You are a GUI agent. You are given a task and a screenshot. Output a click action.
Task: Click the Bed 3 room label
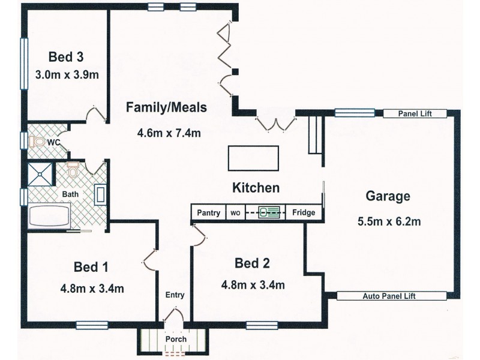[x=65, y=58]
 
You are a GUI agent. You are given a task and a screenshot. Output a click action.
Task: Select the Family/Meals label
[x=166, y=107]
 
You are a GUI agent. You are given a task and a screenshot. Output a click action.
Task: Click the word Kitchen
[x=256, y=188]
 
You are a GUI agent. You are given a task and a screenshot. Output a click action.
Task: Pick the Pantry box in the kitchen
[x=208, y=212]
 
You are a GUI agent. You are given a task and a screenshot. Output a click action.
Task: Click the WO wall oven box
[x=236, y=212]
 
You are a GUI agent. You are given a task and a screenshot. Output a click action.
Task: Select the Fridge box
[x=304, y=212]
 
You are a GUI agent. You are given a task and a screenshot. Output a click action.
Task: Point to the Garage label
[x=388, y=196]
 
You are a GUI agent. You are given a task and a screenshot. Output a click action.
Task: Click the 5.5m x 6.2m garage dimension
[x=389, y=221]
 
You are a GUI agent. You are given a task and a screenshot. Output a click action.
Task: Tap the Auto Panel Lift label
[x=391, y=296]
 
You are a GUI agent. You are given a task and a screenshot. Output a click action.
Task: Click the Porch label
[x=176, y=339]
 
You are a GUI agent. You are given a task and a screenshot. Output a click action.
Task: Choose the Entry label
[x=175, y=295]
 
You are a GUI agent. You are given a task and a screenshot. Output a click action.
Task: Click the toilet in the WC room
[x=40, y=142]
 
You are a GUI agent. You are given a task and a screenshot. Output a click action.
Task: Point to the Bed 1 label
[x=91, y=266]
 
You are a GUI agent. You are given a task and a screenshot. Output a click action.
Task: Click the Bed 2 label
[x=252, y=262]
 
